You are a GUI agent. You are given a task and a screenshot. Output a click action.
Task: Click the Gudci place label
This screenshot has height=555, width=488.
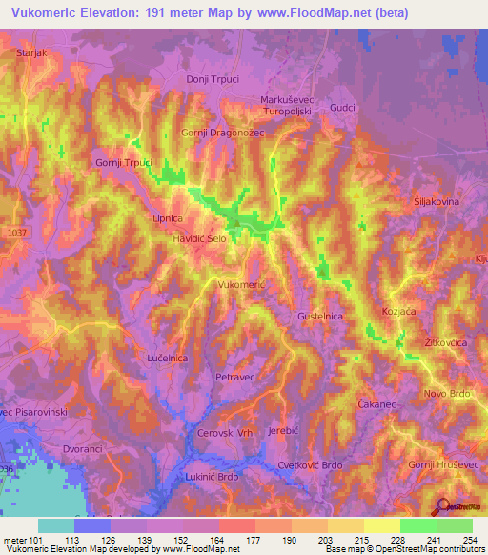pyautogui.click(x=341, y=109)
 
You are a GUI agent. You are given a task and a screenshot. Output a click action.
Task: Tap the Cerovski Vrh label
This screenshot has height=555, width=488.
pyautogui.click(x=224, y=432)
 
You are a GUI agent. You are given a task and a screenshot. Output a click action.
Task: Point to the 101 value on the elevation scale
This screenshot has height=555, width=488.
pyautogui.click(x=37, y=541)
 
